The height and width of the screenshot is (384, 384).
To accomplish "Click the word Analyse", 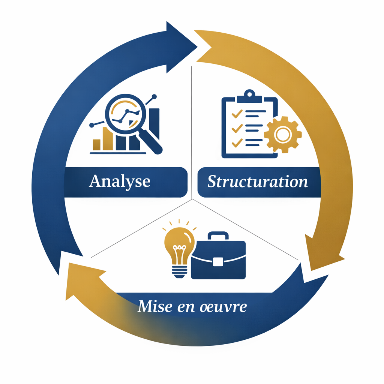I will click(x=120, y=181).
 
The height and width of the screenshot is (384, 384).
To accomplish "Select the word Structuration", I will click(x=258, y=182).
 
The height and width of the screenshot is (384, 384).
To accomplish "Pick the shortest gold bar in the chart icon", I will click(x=96, y=144).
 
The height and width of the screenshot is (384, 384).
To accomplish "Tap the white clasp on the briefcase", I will click(x=218, y=261).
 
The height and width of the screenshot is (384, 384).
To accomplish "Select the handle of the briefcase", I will click(x=218, y=236).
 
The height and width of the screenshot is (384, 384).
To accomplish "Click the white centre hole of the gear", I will click(x=283, y=134).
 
